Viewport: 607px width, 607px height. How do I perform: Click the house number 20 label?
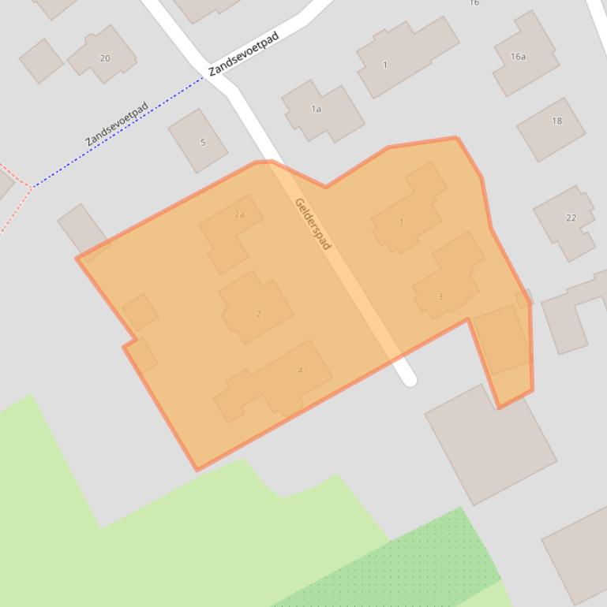[105, 58]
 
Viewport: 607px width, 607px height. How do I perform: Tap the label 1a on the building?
[316, 109]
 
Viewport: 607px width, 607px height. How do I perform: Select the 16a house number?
[518, 57]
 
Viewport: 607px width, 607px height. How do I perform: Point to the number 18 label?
[557, 121]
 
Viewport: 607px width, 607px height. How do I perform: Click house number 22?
[571, 218]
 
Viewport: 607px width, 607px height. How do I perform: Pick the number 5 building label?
[203, 143]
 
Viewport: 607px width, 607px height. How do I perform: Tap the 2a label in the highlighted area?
[239, 214]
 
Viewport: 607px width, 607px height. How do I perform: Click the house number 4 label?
[300, 371]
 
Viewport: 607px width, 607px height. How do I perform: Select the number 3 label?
[440, 296]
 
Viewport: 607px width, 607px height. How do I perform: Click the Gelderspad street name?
[312, 224]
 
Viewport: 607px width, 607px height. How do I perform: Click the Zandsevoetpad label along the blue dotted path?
[117, 124]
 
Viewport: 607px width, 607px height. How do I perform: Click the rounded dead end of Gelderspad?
[410, 380]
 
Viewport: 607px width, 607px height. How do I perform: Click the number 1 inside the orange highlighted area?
[401, 222]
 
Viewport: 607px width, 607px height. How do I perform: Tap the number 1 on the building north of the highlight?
[385, 65]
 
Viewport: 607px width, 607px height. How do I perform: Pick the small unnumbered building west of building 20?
[41, 60]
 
